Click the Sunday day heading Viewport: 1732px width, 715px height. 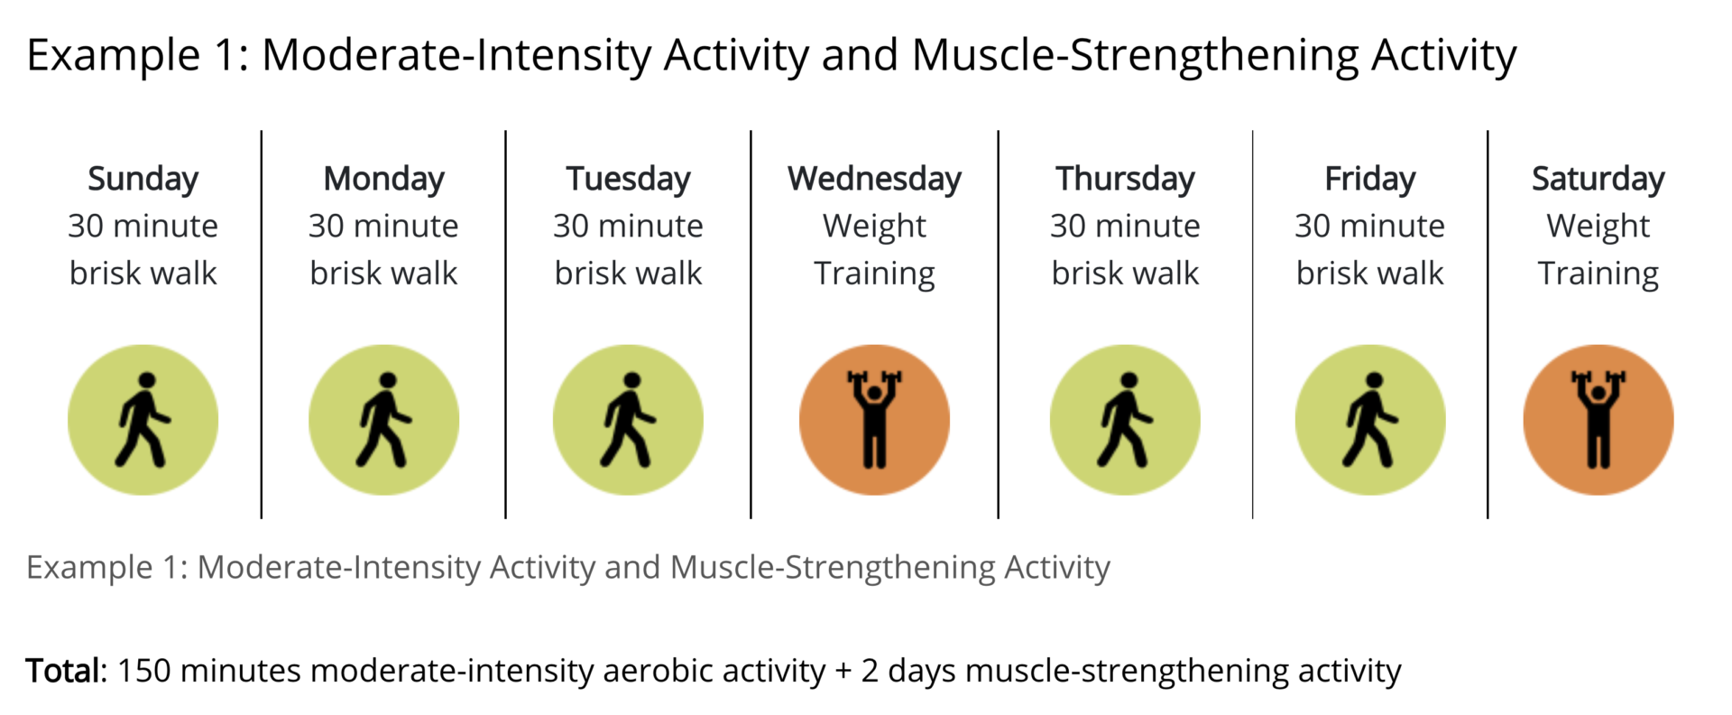pyautogui.click(x=143, y=180)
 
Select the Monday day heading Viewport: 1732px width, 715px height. pyautogui.click(x=384, y=180)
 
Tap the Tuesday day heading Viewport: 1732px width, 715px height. pyautogui.click(x=628, y=180)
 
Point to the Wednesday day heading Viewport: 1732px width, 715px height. pyautogui.click(x=874, y=180)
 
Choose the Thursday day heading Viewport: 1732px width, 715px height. pyautogui.click(x=1125, y=180)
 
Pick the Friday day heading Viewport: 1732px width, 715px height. pyautogui.click(x=1369, y=180)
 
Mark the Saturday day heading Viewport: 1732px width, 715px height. pyautogui.click(x=1598, y=180)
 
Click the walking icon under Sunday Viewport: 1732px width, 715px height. pyautogui.click(x=143, y=420)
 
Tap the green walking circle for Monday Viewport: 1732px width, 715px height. pyautogui.click(x=384, y=420)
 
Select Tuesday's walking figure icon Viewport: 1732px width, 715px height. pyautogui.click(x=628, y=420)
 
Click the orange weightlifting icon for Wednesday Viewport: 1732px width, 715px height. pyautogui.click(x=874, y=420)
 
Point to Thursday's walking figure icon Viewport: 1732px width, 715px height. pyautogui.click(x=1125, y=420)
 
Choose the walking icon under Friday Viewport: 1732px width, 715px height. pyautogui.click(x=1370, y=420)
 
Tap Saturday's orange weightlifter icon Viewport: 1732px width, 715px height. pyautogui.click(x=1598, y=420)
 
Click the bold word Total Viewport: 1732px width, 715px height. pyautogui.click(x=65, y=671)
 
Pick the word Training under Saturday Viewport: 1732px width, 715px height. pyautogui.click(x=1598, y=274)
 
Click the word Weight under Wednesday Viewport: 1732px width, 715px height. pyautogui.click(x=874, y=227)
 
